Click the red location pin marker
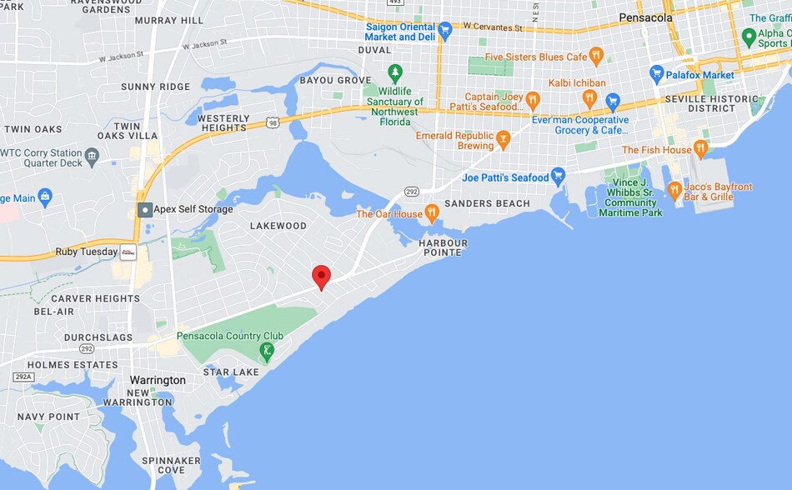(321, 277)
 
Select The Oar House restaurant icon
(432, 213)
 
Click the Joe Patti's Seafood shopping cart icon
(559, 177)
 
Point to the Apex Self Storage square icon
(145, 209)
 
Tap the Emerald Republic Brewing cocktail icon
(503, 140)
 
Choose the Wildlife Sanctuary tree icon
(395, 73)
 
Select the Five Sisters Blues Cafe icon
(596, 57)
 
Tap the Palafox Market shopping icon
(656, 74)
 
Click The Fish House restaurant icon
(700, 149)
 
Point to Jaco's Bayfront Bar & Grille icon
(674, 192)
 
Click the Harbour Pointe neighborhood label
(444, 247)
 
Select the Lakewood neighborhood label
(278, 226)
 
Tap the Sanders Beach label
(487, 203)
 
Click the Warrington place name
(158, 380)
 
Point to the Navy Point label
(48, 417)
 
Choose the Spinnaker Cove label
(171, 465)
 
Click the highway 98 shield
(273, 122)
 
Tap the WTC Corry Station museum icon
(92, 155)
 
